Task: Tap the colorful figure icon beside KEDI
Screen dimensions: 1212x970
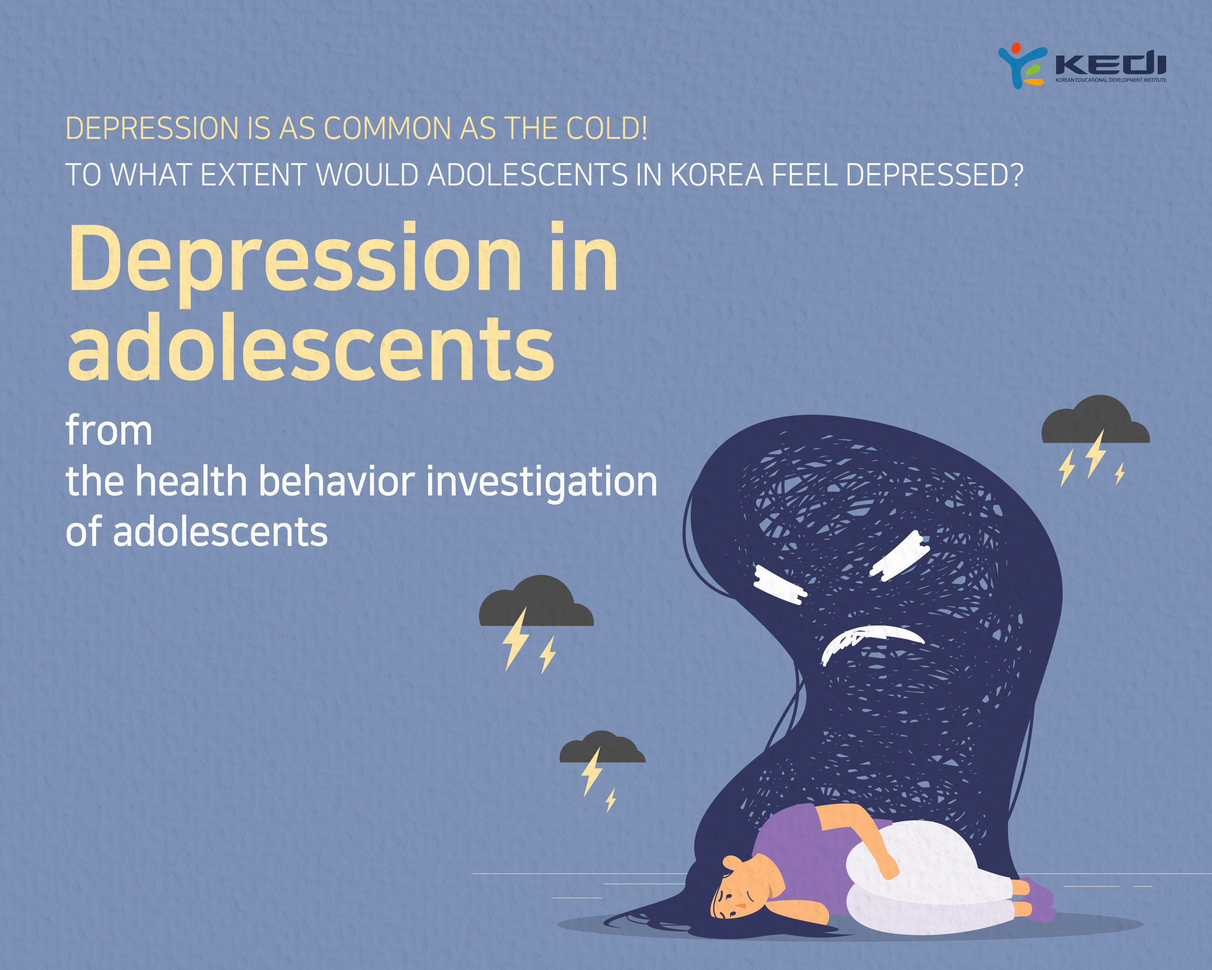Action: point(1022,66)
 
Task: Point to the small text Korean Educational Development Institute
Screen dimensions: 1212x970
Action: point(1111,80)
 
